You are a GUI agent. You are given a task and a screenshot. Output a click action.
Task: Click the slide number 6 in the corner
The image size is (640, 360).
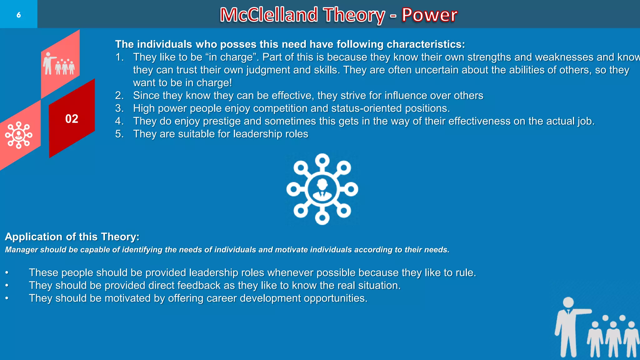(x=18, y=15)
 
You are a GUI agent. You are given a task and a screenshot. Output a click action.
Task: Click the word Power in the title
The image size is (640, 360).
(x=429, y=15)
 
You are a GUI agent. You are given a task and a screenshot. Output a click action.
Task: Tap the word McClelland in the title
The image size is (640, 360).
(x=269, y=15)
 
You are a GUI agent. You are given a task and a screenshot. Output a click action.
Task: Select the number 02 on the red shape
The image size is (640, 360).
(x=72, y=119)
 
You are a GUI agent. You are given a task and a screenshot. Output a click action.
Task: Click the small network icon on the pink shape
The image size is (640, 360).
(x=19, y=135)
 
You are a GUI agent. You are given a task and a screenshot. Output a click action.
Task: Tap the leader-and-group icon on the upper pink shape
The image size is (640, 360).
(x=59, y=64)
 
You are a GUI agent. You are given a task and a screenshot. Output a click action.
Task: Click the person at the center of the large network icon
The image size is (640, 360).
(x=322, y=189)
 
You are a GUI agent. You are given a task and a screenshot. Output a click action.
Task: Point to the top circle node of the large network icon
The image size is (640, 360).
(x=322, y=160)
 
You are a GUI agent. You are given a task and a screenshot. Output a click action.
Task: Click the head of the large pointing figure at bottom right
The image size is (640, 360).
(x=568, y=302)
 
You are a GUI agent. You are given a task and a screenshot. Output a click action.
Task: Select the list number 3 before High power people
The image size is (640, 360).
(x=119, y=108)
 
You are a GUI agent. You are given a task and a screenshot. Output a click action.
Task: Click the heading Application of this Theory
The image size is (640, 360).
(x=72, y=237)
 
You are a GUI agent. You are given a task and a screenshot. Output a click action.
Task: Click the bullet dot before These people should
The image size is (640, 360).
(x=7, y=273)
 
